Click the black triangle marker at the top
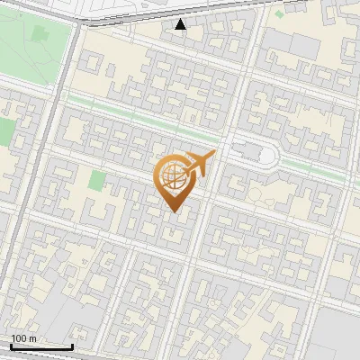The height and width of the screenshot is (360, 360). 181,24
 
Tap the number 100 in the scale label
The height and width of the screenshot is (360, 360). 18,338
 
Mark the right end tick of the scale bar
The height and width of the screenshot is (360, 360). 72,345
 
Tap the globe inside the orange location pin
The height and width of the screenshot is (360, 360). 171,178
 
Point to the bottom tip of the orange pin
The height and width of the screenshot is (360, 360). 172,211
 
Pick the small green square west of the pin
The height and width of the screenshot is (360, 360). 96,180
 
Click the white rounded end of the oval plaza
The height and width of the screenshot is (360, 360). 267,156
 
